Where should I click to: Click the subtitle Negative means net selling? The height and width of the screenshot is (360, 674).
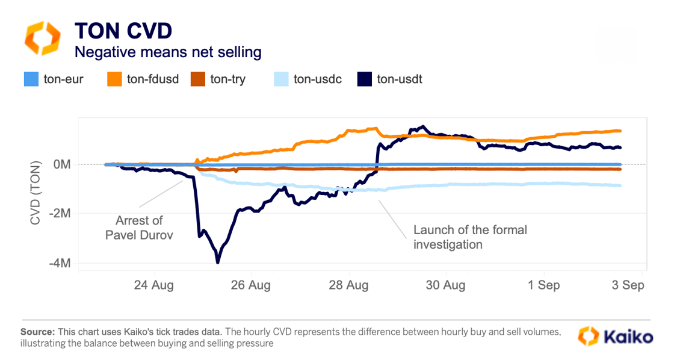pyautogui.click(x=167, y=52)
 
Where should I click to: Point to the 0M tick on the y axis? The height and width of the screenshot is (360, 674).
pyautogui.click(x=61, y=164)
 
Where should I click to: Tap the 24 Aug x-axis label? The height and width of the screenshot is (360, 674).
pyautogui.click(x=153, y=285)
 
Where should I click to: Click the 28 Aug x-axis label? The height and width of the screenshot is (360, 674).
pyautogui.click(x=349, y=285)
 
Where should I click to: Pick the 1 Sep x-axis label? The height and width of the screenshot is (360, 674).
pyautogui.click(x=544, y=285)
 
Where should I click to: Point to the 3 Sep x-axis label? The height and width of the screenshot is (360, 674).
pyautogui.click(x=628, y=285)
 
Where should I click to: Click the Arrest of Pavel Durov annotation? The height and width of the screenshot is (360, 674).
pyautogui.click(x=138, y=228)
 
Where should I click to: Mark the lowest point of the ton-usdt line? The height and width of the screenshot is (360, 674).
pyautogui.click(x=218, y=262)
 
